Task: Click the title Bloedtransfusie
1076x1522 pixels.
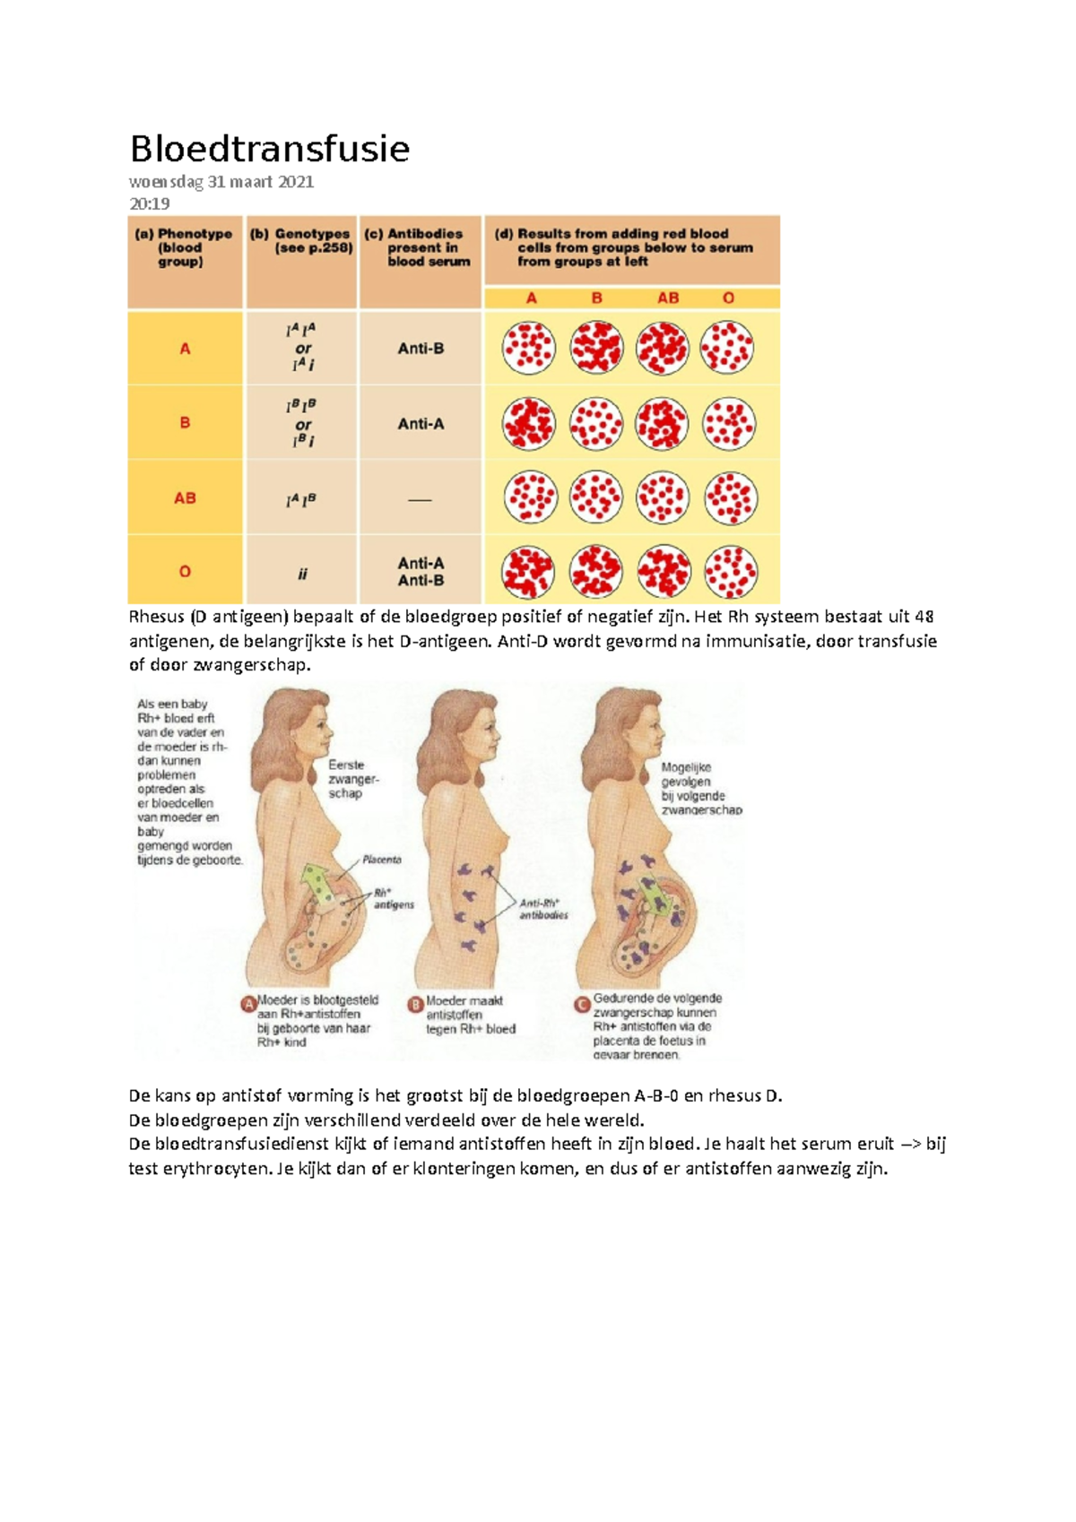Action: point(269,149)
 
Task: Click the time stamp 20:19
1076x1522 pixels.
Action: point(150,203)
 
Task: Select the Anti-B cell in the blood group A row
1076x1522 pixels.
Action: point(421,349)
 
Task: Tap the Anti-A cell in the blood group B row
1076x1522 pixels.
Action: point(421,424)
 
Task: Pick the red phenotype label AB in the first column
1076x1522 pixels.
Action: point(185,498)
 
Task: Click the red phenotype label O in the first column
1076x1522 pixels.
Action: point(185,572)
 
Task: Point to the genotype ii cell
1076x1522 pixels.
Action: point(302,574)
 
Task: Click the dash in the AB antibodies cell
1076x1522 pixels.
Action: point(420,499)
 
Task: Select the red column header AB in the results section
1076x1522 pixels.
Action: point(668,298)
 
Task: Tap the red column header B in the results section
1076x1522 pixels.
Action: point(597,298)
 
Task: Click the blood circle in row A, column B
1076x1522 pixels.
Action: point(596,348)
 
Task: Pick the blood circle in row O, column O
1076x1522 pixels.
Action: point(730,572)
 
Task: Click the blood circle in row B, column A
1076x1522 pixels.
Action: point(529,424)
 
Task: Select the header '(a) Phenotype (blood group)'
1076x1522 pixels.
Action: point(183,247)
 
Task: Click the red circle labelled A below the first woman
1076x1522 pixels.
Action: point(248,1004)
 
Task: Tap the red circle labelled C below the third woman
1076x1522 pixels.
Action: point(583,1004)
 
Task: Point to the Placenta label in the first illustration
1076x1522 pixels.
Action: point(382,860)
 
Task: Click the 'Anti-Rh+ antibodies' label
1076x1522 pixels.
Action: point(543,910)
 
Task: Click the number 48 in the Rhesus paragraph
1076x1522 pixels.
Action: point(924,617)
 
